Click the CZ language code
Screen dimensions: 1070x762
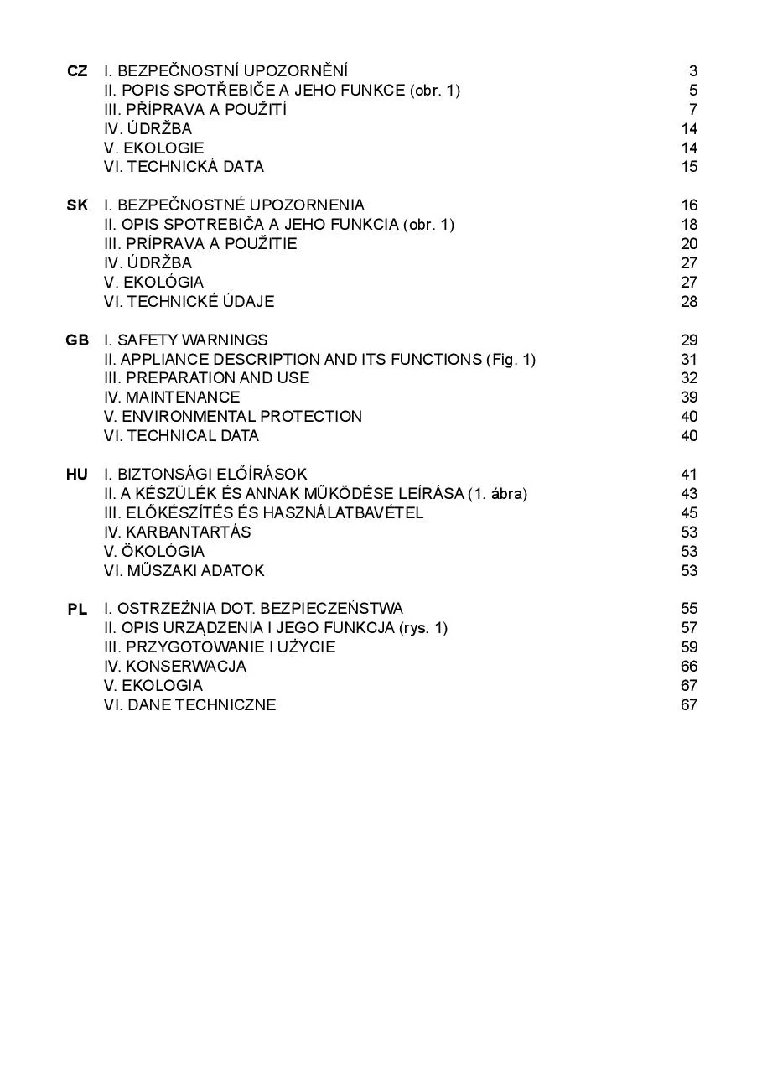(77, 71)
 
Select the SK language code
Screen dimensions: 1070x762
(77, 205)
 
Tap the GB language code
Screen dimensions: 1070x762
(77, 340)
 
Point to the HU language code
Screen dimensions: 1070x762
(77, 475)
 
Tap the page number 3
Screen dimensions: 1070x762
(693, 71)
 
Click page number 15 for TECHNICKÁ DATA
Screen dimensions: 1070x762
(689, 167)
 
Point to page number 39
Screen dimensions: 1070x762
(689, 397)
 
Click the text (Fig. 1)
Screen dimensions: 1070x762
(511, 360)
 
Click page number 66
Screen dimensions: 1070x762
(689, 667)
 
